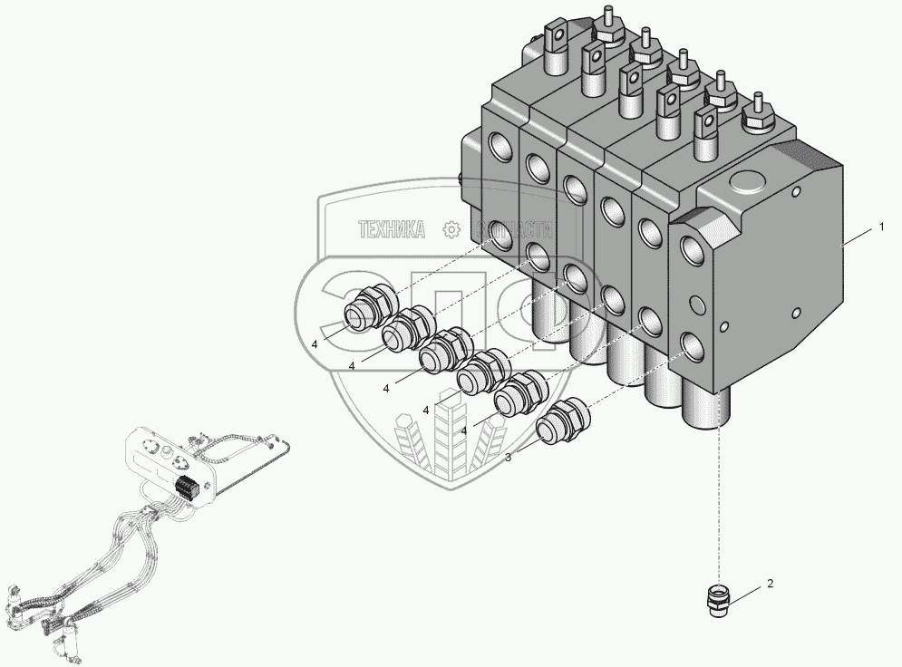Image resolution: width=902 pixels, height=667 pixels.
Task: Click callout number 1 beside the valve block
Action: pos(880,227)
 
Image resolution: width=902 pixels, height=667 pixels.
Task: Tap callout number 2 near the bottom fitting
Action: pos(770,585)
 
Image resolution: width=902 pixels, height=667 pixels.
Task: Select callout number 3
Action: pos(508,458)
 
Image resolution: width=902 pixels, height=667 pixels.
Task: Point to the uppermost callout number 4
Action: pos(315,344)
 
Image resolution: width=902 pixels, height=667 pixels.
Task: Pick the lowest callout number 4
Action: pos(463,430)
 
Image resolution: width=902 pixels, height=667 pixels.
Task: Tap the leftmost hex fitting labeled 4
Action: pos(369,307)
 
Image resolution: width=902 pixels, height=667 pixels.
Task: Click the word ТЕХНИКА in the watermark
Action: pos(392,230)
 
